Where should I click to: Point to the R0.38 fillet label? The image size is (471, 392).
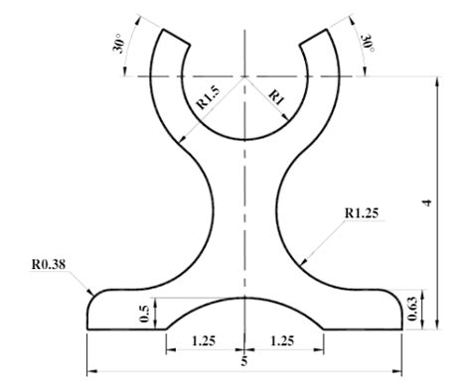tap(49, 265)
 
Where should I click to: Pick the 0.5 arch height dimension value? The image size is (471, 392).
tap(145, 313)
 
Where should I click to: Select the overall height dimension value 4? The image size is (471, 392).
tap(427, 201)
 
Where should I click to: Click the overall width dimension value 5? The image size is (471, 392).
tap(244, 362)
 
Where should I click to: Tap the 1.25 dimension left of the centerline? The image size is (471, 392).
tap(204, 340)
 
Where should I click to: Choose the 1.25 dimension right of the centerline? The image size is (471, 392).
tap(283, 340)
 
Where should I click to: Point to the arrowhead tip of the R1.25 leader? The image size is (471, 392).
tap(298, 265)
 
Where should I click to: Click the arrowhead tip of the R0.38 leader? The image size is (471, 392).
tap(95, 291)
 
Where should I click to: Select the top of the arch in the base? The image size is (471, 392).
tap(244, 295)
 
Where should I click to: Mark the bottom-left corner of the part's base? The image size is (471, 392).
tap(87, 329)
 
